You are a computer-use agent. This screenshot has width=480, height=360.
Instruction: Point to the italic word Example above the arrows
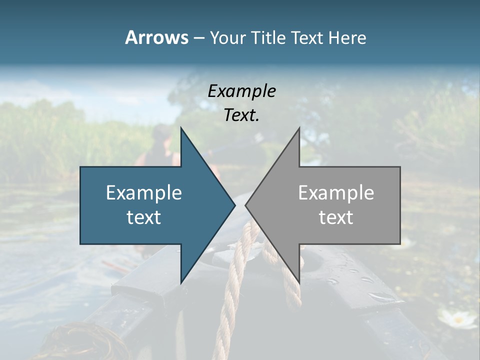241,91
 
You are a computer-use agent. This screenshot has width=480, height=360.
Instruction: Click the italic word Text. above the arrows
241,115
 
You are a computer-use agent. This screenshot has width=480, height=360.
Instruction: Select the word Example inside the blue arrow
144,192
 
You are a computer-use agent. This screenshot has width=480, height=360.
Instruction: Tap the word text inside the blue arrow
144,217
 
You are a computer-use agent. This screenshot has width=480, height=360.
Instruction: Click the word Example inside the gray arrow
336,192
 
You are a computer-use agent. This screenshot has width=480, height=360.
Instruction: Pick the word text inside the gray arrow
336,217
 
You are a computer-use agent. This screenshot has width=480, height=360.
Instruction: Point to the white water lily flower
456,318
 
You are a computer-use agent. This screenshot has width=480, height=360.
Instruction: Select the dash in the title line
198,37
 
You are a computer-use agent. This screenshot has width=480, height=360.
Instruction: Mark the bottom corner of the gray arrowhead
299,281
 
